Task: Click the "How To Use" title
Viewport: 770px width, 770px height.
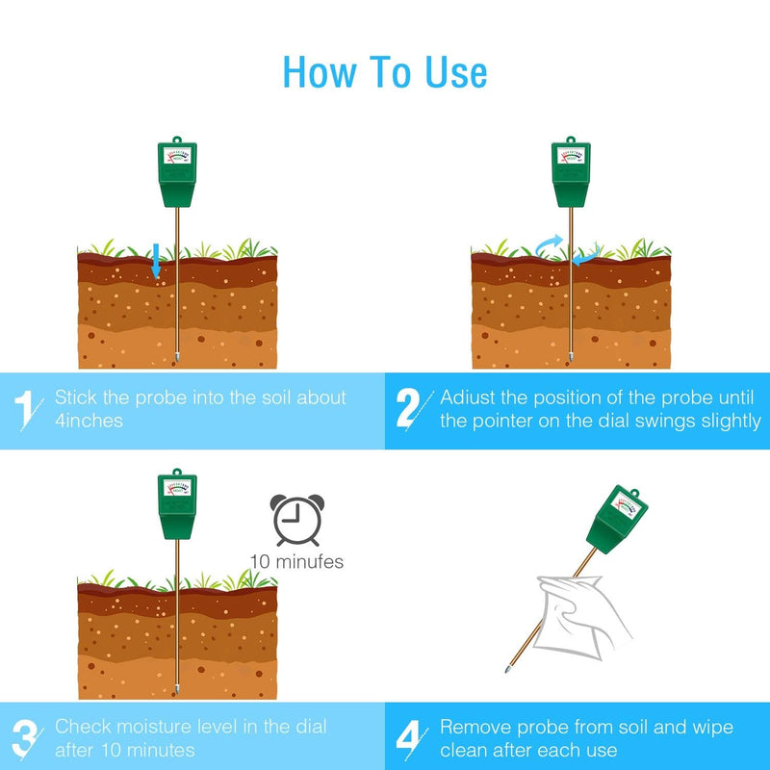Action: [385, 72]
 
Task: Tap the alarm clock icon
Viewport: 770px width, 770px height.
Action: [297, 520]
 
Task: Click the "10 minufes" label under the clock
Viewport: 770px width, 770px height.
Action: [296, 562]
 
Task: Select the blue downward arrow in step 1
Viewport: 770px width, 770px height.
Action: [156, 260]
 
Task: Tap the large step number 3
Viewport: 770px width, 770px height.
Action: [25, 739]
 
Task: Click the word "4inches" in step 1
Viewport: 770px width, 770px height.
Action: [89, 421]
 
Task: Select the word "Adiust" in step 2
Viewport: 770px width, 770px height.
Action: [468, 398]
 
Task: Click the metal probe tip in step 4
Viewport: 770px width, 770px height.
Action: [508, 668]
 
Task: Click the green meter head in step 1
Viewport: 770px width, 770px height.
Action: [177, 173]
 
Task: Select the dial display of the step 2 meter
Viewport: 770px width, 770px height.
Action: [571, 156]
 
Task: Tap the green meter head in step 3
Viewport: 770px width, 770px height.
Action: [177, 504]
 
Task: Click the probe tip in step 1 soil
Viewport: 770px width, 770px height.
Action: [177, 357]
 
